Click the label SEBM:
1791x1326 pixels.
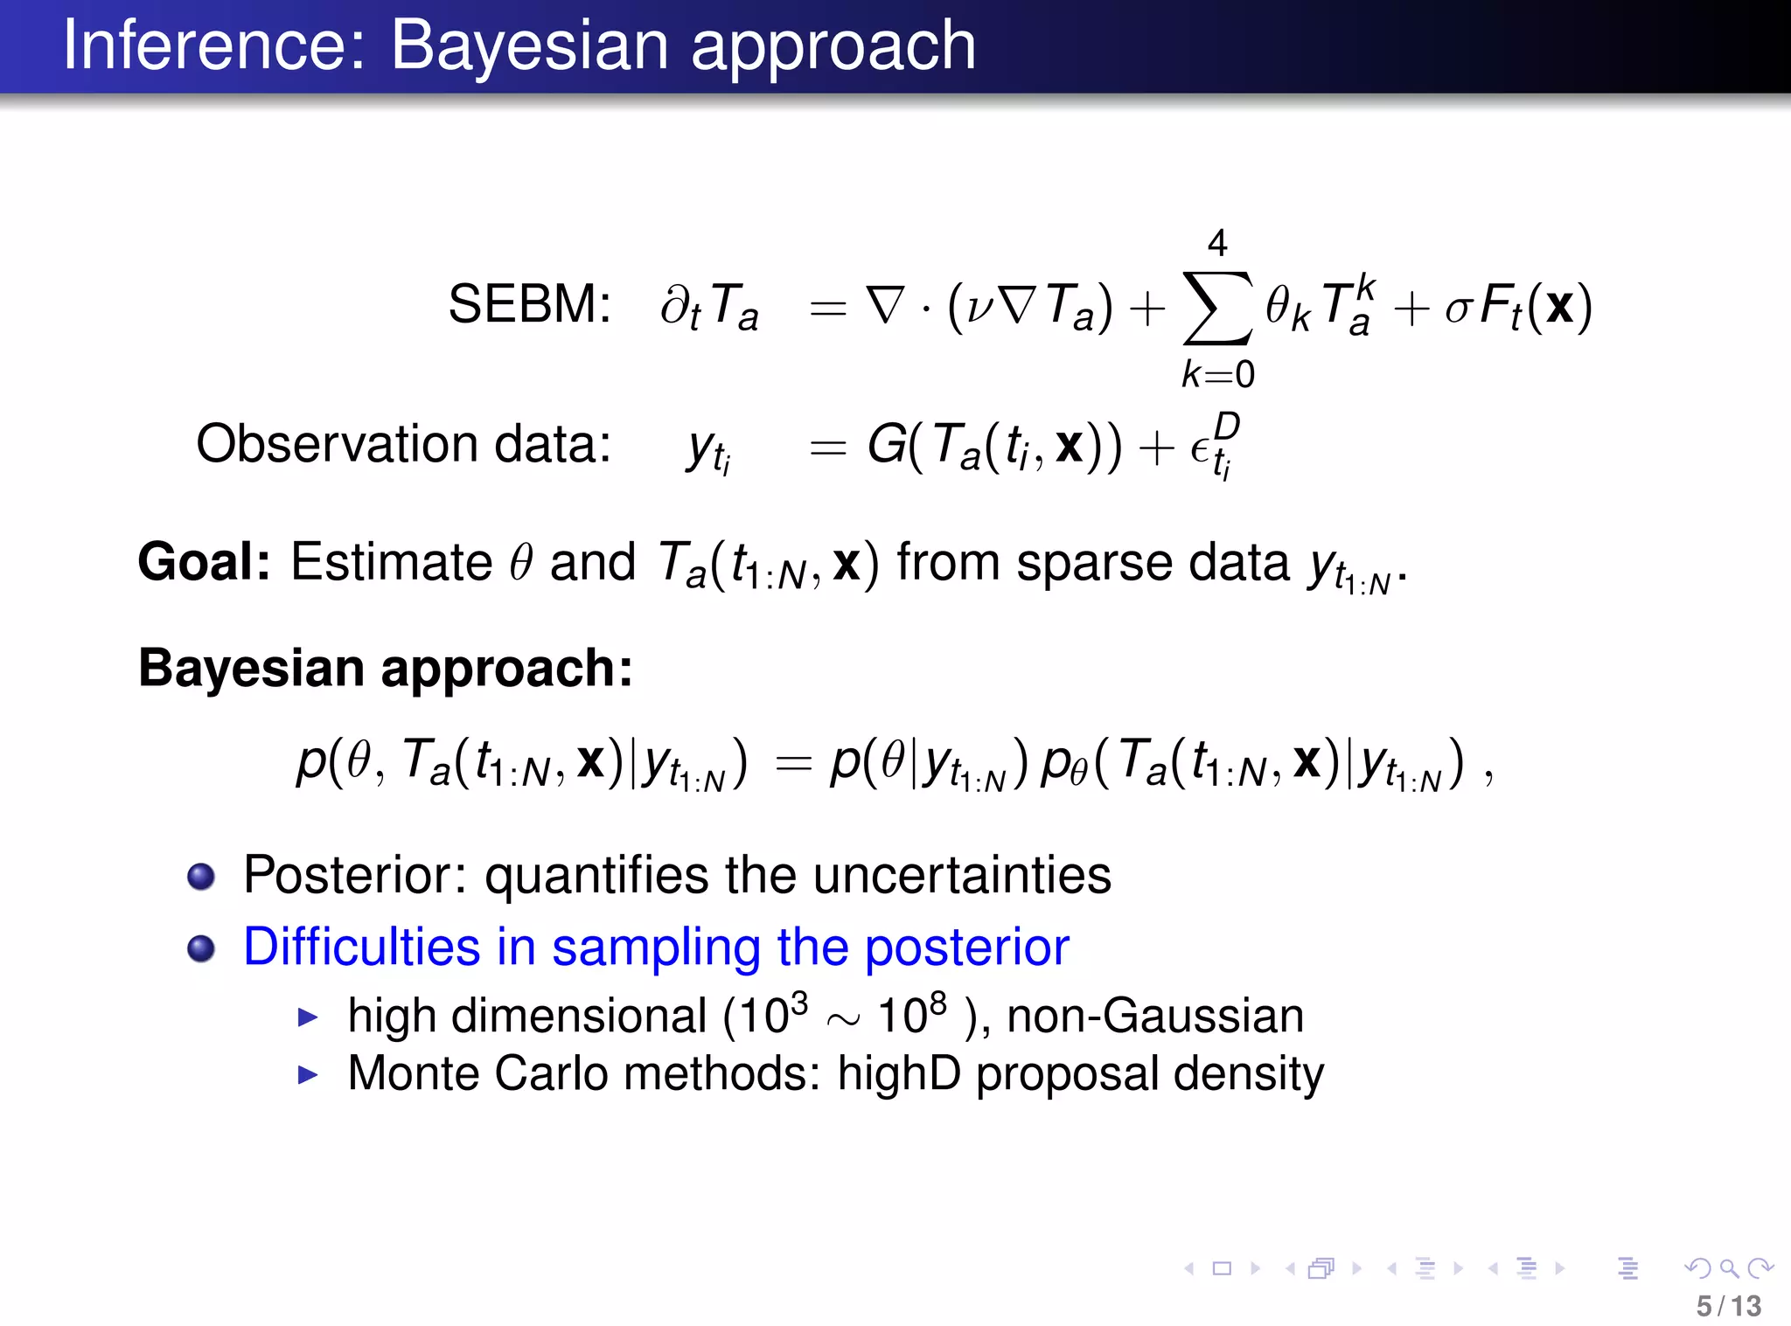529,305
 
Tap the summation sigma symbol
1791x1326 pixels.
1216,309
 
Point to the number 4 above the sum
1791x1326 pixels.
1217,242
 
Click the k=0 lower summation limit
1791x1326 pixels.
1217,374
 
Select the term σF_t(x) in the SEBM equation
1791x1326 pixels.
1518,307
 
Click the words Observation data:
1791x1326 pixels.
403,444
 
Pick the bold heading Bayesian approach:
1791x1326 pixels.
385,669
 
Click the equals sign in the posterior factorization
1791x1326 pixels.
794,764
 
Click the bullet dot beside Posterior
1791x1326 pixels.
201,876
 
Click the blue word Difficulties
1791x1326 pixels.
361,948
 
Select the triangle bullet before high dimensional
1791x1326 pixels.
307,1017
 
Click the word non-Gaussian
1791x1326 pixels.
1154,1017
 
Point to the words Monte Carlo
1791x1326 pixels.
477,1073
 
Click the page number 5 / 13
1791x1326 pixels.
1728,1306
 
